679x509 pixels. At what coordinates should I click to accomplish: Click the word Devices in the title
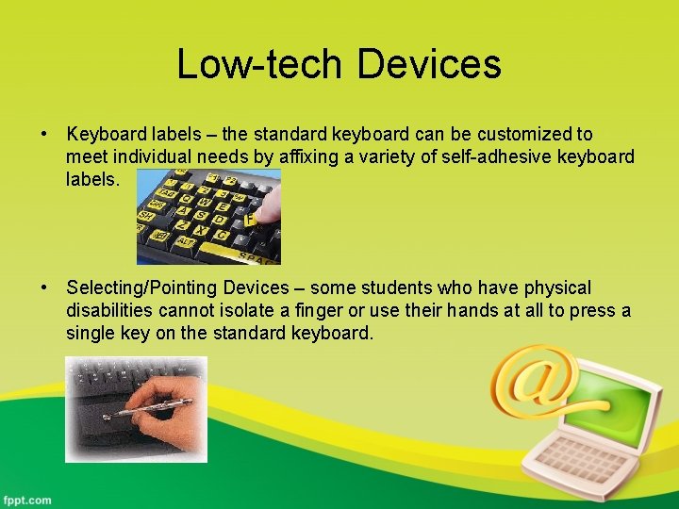pyautogui.click(x=429, y=64)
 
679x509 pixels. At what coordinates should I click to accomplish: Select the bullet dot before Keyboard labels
pyautogui.click(x=44, y=135)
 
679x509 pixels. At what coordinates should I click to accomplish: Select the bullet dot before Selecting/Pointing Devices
pyautogui.click(x=44, y=287)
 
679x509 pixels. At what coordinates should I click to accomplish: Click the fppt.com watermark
pyautogui.click(x=27, y=500)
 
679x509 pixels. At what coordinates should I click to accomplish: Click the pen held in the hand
pyautogui.click(x=151, y=408)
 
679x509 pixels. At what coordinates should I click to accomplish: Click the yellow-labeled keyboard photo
pyautogui.click(x=208, y=217)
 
